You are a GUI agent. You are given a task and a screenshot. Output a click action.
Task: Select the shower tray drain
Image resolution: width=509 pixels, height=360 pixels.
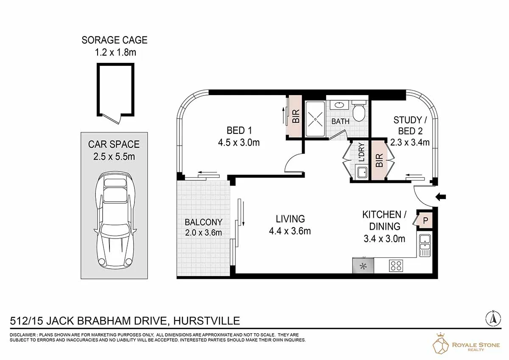316,119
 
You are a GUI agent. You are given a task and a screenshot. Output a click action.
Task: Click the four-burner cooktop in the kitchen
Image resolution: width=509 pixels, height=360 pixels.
396,265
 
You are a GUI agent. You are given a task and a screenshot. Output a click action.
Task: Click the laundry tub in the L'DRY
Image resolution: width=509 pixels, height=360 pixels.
362,173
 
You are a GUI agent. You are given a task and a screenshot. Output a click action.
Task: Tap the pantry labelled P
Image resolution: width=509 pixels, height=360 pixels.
425,220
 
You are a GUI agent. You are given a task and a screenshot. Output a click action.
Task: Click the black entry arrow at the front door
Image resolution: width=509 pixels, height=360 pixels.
441,197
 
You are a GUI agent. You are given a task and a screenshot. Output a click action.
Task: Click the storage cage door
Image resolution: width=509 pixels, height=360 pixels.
111,119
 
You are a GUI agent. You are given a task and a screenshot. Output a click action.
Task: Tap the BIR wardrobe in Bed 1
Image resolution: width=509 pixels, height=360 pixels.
295,116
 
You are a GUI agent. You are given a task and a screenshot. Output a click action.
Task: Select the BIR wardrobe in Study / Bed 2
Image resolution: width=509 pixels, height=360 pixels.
379,160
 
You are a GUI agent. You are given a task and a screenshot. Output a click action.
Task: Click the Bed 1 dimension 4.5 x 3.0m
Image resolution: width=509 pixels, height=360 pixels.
239,143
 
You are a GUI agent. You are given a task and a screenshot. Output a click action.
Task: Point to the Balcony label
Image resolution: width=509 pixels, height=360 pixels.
203,222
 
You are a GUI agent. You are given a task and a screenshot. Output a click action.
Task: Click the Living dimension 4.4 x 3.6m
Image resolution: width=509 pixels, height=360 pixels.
290,231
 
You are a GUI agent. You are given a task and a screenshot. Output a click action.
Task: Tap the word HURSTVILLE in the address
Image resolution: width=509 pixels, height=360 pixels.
207,321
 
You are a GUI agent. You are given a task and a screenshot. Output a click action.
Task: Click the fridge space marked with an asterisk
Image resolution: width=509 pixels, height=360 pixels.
363,265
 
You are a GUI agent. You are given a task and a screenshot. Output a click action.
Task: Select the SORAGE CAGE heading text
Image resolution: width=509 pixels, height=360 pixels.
115,40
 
